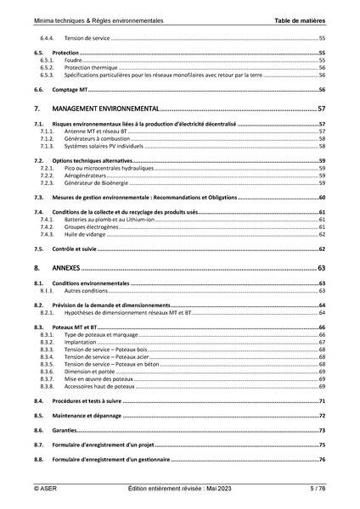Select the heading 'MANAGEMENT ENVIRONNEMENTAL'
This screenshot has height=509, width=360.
click(x=106, y=109)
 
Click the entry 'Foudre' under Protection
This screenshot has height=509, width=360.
click(x=74, y=61)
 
